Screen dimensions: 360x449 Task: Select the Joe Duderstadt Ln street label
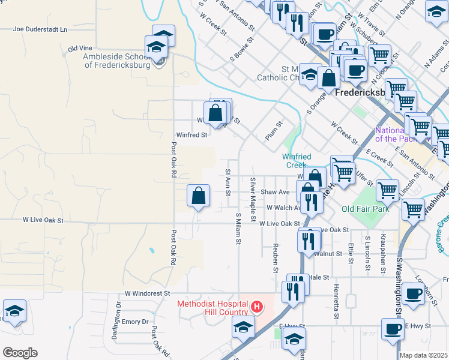point(40,29)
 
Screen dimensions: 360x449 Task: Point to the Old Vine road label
point(80,48)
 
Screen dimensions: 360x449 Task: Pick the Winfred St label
point(191,135)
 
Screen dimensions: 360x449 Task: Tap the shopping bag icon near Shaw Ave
point(198,196)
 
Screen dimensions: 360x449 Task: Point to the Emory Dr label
point(135,322)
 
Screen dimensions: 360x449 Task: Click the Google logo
point(19,353)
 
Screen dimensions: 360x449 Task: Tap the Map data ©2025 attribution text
point(423,355)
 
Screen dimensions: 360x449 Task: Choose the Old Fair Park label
point(365,209)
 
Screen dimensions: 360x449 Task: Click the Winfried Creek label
point(297,161)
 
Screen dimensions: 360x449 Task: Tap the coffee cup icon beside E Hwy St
point(393,329)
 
